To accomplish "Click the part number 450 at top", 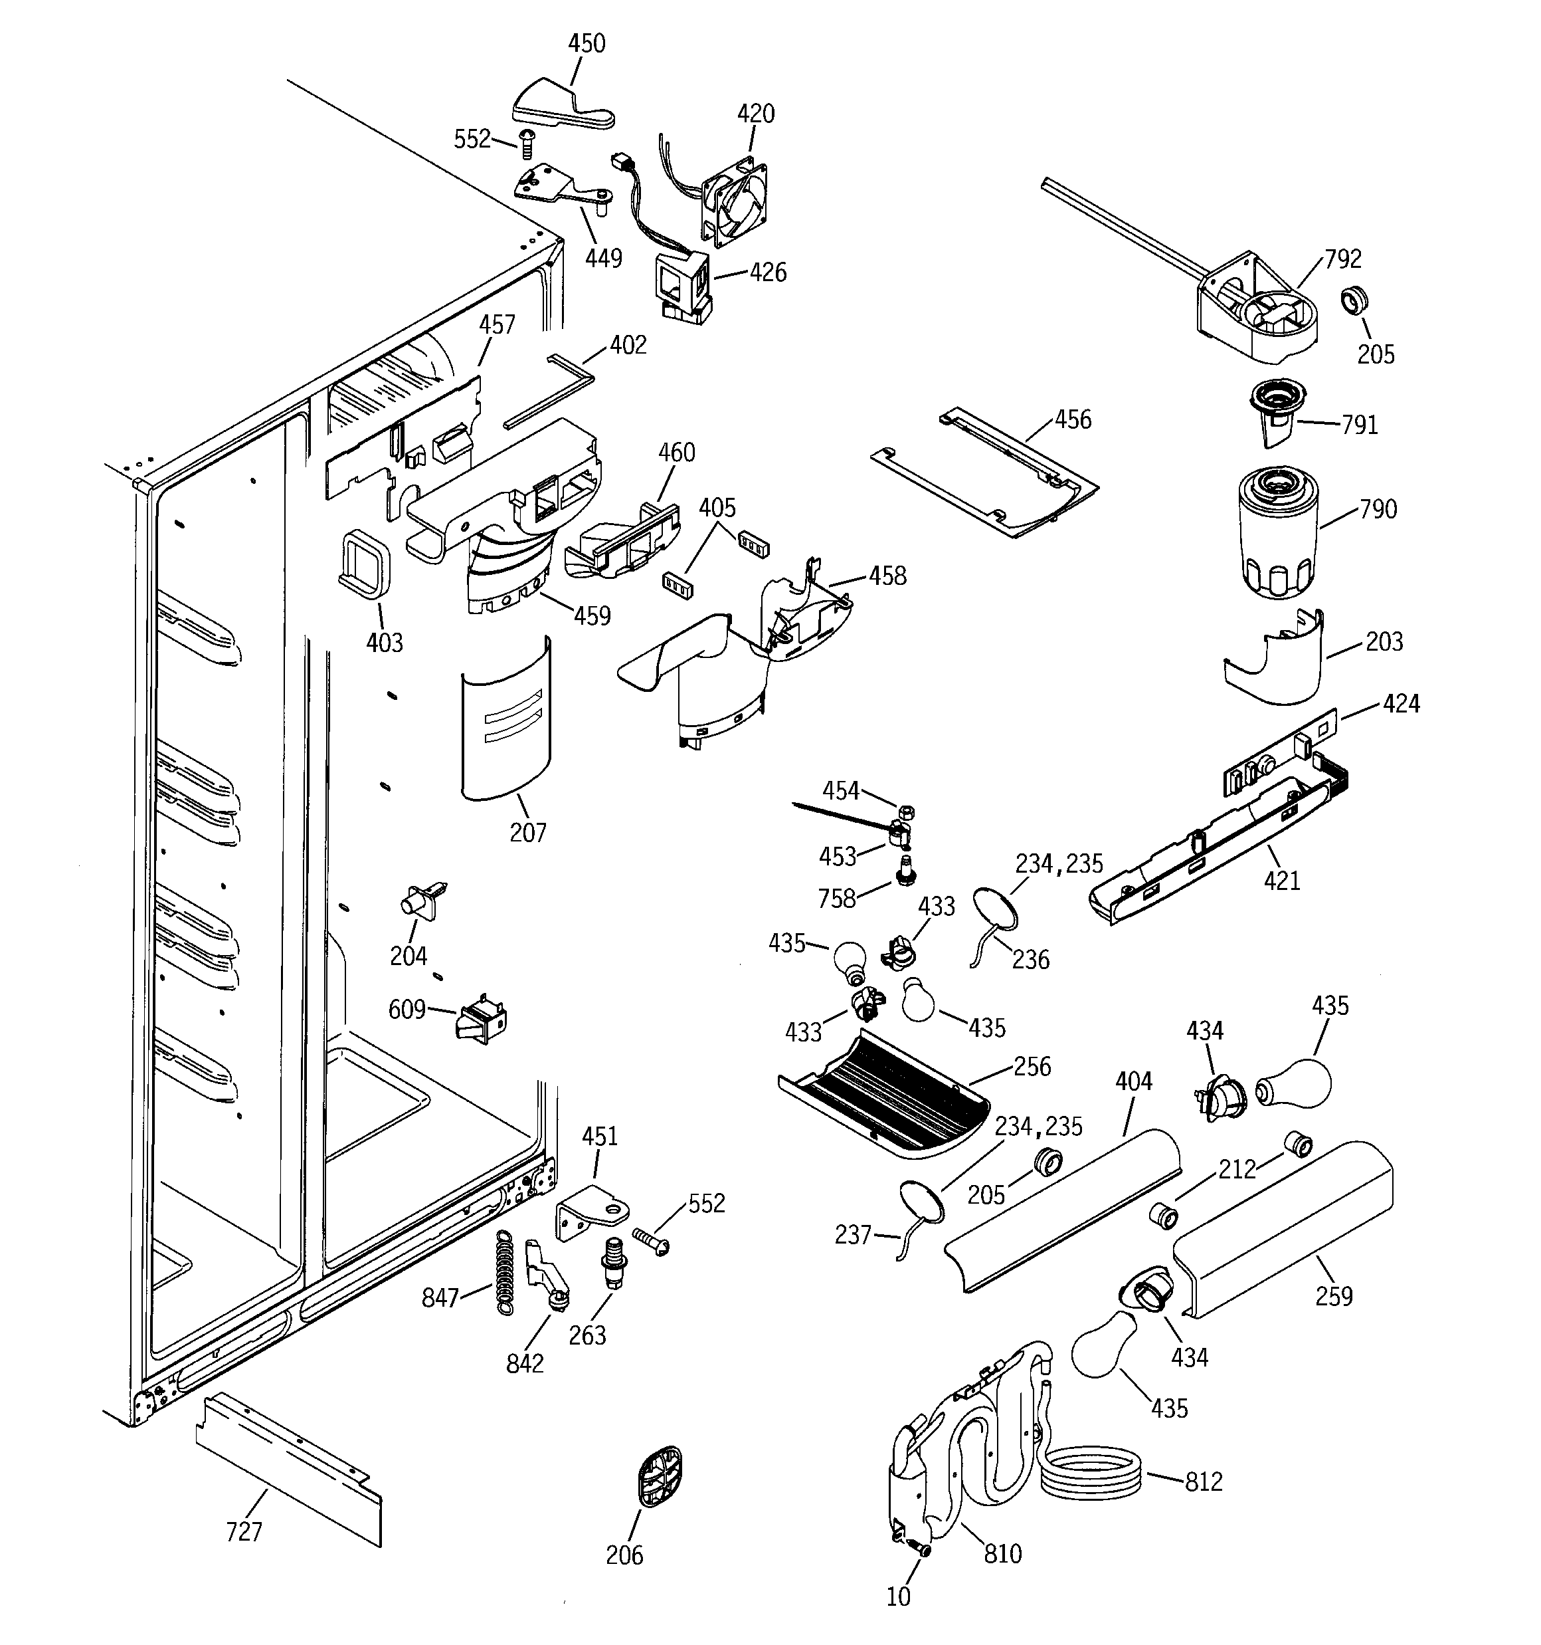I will [x=587, y=43].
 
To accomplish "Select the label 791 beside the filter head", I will [x=1359, y=425].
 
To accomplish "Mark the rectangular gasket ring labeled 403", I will [x=364, y=563].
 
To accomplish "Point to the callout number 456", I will [x=1073, y=419].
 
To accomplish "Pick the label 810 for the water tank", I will [x=1002, y=1554].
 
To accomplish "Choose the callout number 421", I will [x=1282, y=881].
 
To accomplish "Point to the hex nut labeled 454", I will [x=907, y=811].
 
